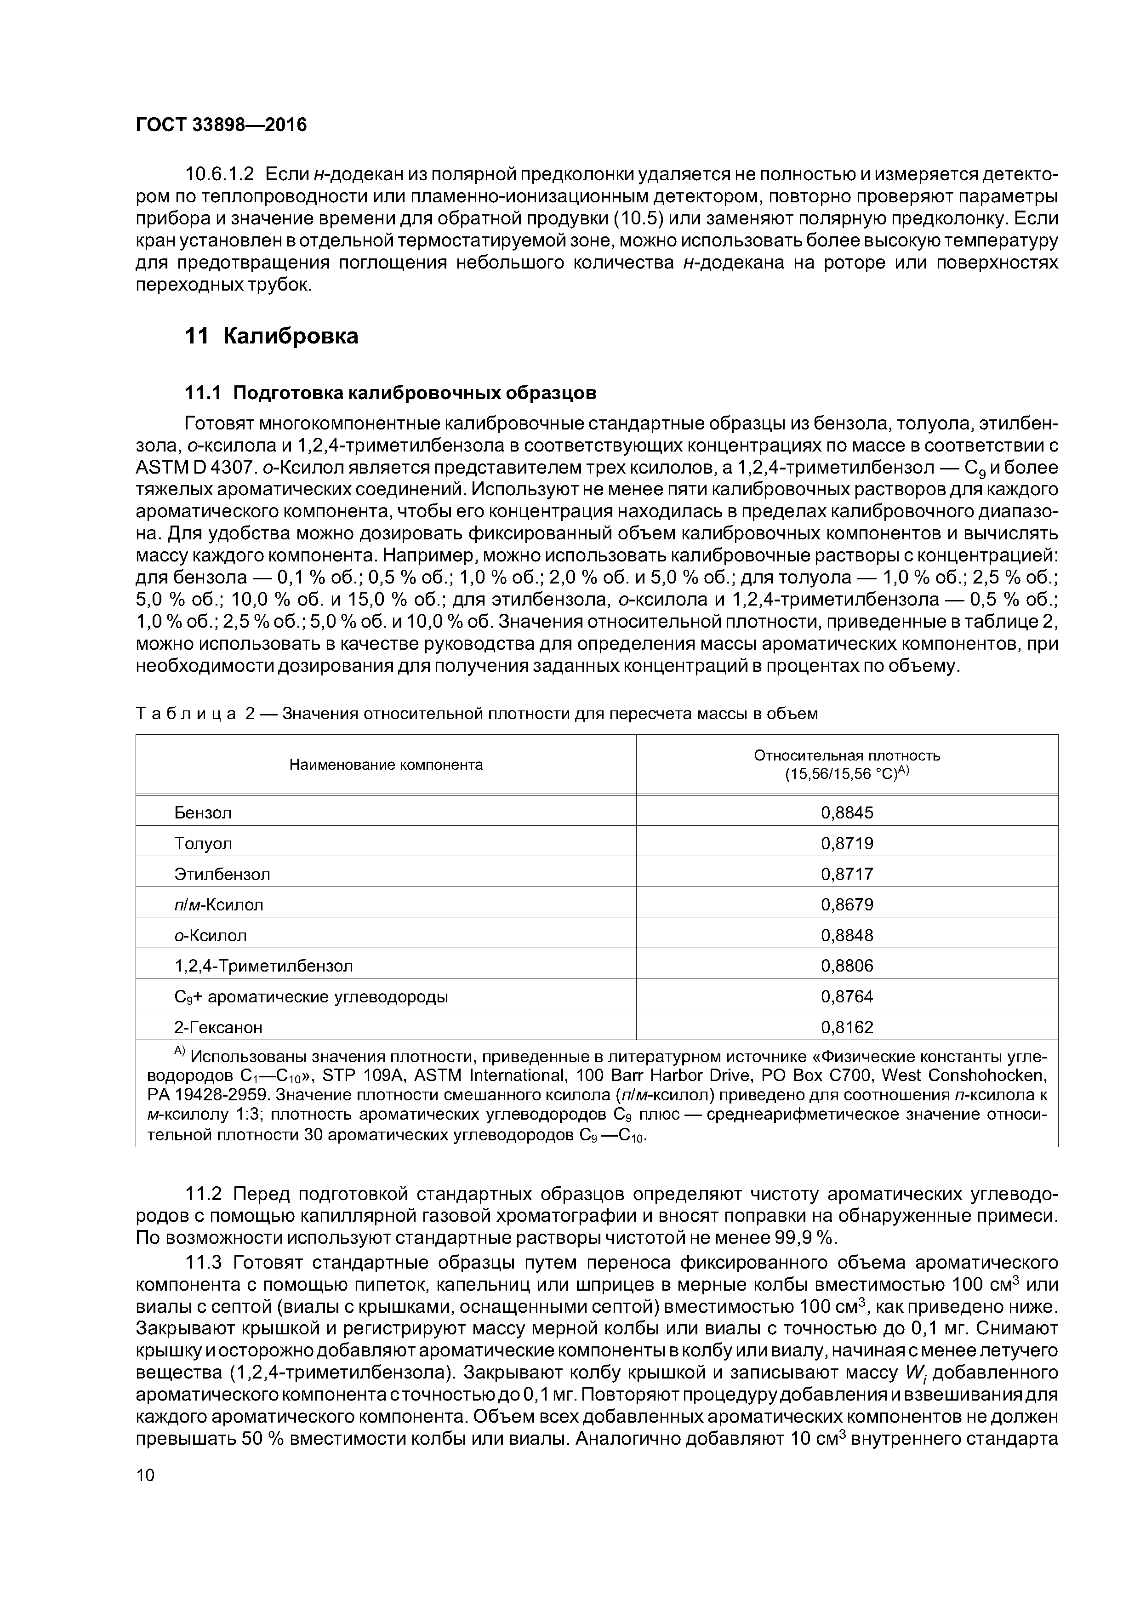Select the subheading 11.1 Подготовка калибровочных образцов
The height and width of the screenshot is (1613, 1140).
(x=390, y=392)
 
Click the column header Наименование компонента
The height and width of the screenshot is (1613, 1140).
(x=386, y=764)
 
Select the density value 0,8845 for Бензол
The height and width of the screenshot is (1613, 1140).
(x=846, y=813)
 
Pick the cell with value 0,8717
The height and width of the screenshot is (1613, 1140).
(x=846, y=874)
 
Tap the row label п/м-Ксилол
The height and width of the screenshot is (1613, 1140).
(x=218, y=905)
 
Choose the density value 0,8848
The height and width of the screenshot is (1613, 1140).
(x=846, y=935)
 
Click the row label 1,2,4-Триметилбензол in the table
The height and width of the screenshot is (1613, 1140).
(x=263, y=966)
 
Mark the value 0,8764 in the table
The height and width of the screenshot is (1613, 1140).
(x=846, y=996)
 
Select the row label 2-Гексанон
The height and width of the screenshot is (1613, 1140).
(x=218, y=1027)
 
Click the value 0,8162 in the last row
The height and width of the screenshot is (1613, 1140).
(x=846, y=1027)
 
